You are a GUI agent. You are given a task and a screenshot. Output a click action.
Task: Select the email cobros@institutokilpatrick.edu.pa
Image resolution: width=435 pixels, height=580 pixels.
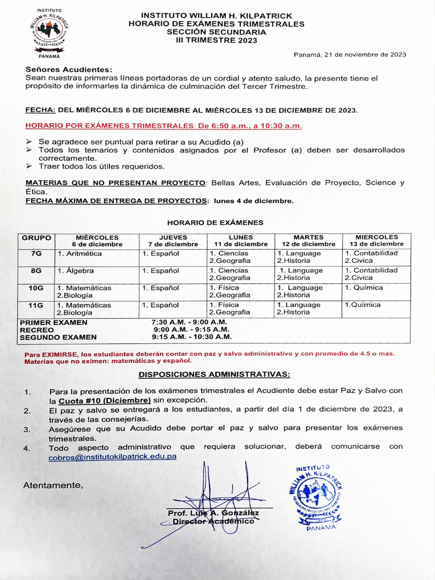click(x=112, y=457)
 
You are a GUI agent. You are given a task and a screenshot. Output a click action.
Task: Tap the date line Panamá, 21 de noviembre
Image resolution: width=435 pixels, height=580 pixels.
click(x=349, y=54)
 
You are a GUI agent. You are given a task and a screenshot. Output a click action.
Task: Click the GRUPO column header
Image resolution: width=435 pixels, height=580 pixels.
click(x=36, y=238)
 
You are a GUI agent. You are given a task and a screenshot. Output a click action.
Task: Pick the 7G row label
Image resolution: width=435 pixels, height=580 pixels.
click(x=36, y=254)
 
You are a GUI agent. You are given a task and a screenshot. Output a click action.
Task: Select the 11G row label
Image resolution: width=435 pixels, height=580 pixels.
click(x=36, y=305)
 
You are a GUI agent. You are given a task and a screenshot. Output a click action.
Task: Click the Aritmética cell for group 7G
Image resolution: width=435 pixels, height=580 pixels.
click(x=80, y=254)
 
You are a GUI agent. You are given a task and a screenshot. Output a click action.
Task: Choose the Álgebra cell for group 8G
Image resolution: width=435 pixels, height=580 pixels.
click(x=76, y=271)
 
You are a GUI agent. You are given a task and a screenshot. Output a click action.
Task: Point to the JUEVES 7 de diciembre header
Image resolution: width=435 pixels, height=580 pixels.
click(x=173, y=241)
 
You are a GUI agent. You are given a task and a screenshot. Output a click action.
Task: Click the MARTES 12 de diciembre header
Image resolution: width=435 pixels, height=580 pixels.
click(x=308, y=241)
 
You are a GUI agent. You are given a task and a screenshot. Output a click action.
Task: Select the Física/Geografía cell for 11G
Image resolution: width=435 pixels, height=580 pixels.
click(x=229, y=309)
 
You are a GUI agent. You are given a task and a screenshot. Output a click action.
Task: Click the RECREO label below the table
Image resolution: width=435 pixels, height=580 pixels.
click(x=37, y=330)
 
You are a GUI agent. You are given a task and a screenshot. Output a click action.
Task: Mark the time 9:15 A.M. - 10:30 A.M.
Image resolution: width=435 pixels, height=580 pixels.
click(x=191, y=336)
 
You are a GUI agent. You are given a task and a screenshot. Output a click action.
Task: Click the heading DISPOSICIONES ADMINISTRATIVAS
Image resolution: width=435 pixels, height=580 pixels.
click(x=214, y=374)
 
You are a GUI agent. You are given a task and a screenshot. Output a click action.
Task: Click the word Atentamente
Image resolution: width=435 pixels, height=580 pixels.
click(x=53, y=485)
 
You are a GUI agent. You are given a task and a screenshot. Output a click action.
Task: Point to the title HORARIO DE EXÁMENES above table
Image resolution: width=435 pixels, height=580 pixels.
click(x=215, y=223)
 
